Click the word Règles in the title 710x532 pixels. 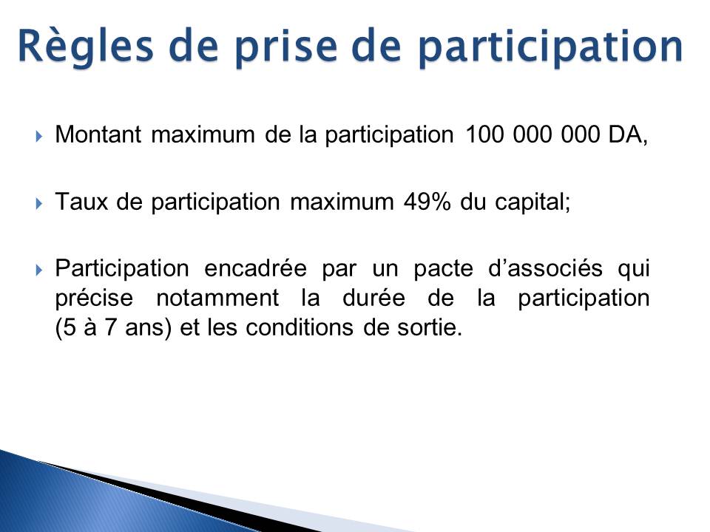(86, 47)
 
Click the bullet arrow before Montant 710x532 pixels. (38, 136)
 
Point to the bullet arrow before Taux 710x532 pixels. (38, 203)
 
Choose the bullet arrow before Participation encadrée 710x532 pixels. (38, 270)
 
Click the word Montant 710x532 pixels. (98, 134)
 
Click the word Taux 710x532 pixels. (81, 202)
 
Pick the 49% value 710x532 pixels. (427, 202)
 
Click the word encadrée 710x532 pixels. (255, 268)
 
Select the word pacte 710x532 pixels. (443, 269)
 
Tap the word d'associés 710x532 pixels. (546, 268)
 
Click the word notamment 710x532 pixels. (217, 298)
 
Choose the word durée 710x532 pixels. (373, 298)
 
